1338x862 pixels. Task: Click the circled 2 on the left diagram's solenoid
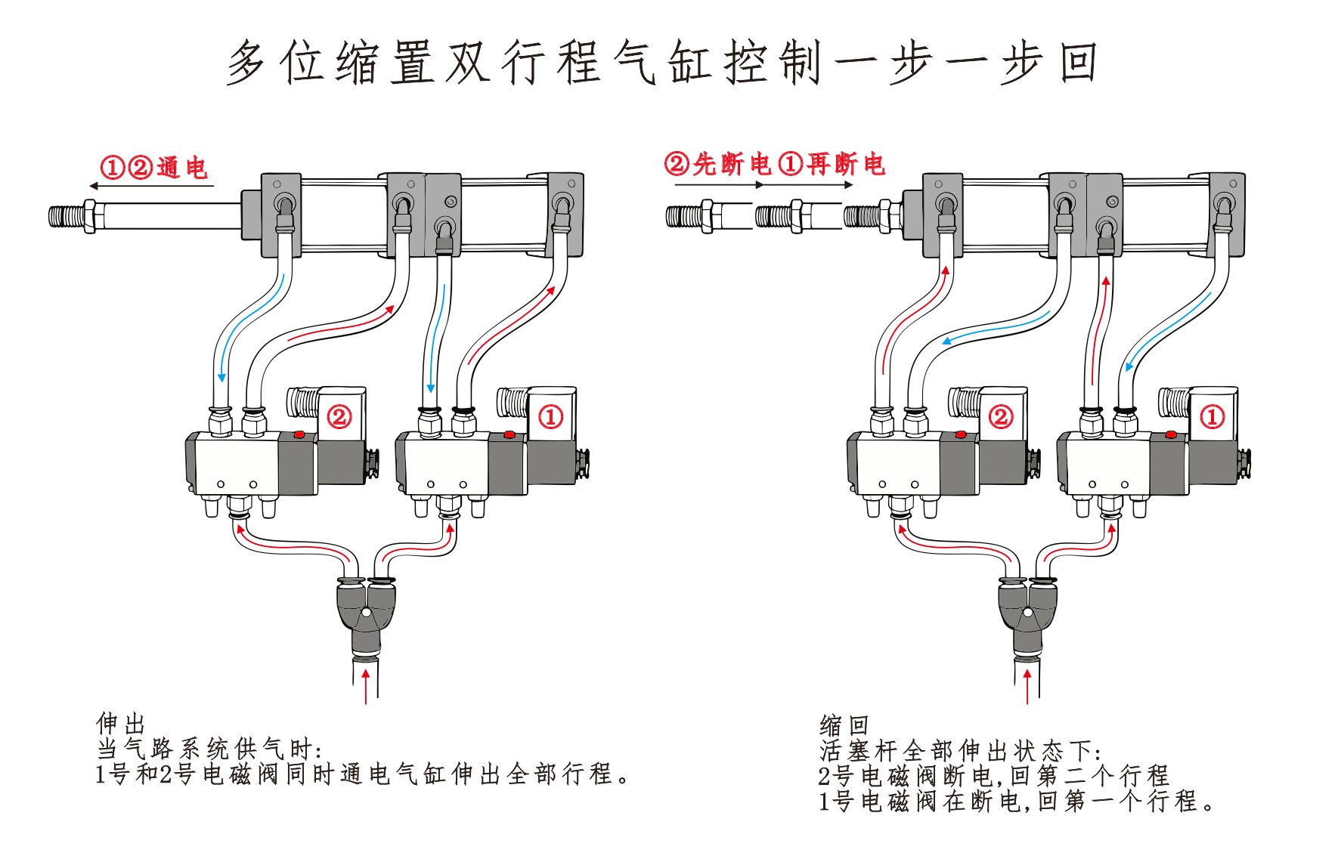(339, 416)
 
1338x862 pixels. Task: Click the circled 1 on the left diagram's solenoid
(550, 416)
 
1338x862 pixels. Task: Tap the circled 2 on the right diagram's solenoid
(1001, 416)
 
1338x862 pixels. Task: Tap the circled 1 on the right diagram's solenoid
(1212, 416)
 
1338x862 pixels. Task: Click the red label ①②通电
(154, 167)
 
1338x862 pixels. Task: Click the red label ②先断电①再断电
(774, 164)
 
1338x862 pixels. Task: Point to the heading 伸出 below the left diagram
(120, 723)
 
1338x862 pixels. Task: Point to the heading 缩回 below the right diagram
(844, 725)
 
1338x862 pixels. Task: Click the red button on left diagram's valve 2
(299, 435)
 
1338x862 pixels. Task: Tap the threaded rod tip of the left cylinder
(70, 216)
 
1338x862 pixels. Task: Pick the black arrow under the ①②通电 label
(151, 186)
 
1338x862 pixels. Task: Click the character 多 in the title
(247, 62)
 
